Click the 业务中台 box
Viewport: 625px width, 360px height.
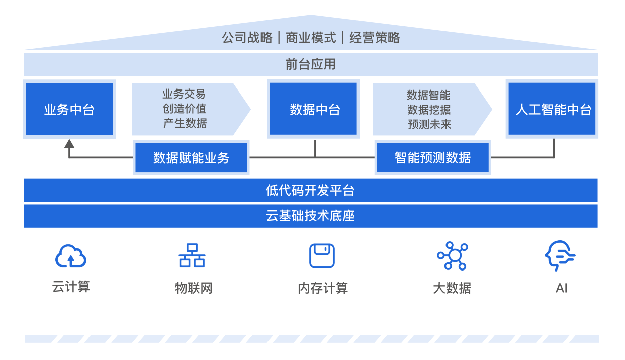pos(69,109)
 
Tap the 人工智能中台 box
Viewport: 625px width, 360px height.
pos(552,109)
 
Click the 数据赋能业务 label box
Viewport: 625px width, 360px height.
pos(191,158)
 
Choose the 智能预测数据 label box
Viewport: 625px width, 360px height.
pos(432,158)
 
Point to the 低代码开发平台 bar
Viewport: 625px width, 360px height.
pos(310,191)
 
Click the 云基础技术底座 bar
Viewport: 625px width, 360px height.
pos(310,216)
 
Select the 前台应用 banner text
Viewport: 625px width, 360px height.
pos(310,64)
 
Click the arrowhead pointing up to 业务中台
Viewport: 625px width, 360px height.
pos(69,144)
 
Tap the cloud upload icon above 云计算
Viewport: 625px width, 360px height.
pos(70,256)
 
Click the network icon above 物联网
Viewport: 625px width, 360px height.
pos(192,256)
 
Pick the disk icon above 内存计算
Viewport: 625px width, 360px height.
pos(322,256)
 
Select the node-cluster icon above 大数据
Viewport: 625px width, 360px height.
pos(453,256)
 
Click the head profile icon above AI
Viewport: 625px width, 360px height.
pos(560,256)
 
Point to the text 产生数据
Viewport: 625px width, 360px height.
pos(185,123)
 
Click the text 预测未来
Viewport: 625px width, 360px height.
pos(429,124)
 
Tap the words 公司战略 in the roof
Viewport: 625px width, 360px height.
pos(247,38)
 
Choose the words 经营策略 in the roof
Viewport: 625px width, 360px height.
pos(375,38)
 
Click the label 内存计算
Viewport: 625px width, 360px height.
pos(322,288)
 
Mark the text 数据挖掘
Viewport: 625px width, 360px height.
pos(429,110)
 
